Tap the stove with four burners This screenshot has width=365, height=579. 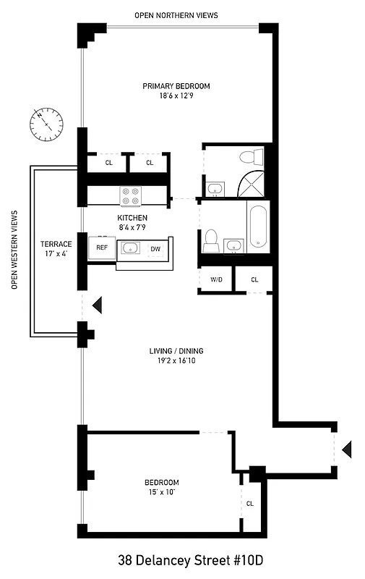point(130,195)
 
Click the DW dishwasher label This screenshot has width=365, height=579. point(155,249)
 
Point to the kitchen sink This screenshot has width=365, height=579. point(130,248)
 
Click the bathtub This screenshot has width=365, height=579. point(258,227)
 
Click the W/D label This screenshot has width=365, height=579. point(215,279)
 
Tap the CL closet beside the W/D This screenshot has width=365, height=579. point(254,279)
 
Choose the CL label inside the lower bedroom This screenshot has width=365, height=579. point(250,503)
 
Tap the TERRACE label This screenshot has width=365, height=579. point(55,244)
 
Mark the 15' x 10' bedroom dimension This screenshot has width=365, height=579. point(160,493)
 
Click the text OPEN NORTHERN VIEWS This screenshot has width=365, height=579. point(176,14)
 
